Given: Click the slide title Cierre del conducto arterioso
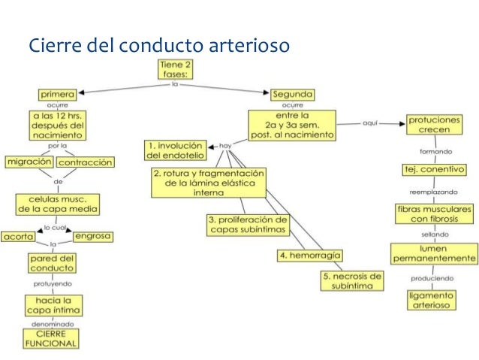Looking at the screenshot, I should click(x=158, y=46).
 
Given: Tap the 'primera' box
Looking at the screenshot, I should click(x=57, y=95).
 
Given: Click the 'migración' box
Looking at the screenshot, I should click(x=29, y=162).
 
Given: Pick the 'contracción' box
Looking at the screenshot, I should click(x=85, y=162).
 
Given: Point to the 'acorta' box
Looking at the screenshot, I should click(x=19, y=236).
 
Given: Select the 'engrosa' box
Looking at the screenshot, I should click(x=93, y=236).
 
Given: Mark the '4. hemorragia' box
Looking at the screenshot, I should click(x=306, y=256).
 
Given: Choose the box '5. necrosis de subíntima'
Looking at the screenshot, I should click(x=351, y=281).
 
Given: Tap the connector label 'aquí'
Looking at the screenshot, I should click(x=369, y=122).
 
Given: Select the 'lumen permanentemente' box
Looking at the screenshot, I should click(x=434, y=253).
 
